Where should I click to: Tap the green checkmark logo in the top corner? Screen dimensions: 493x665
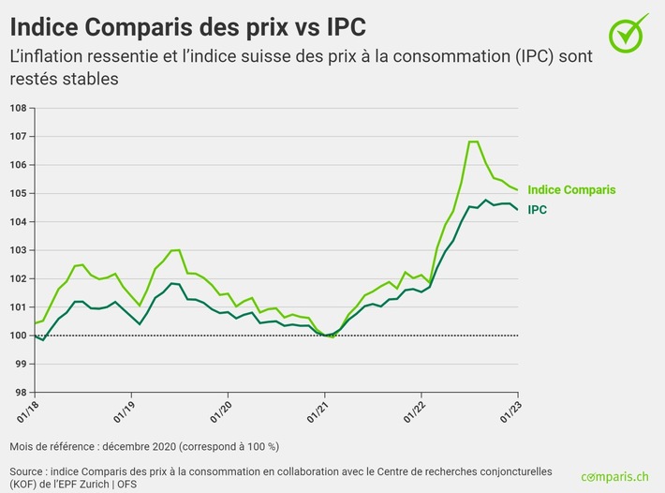pos(628,33)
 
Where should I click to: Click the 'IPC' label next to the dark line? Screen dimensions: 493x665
pos(538,210)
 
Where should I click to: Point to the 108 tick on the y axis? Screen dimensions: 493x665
pos(17,108)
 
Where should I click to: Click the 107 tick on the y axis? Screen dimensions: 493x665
pos(17,136)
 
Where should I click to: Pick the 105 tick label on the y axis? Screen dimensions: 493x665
pos(17,193)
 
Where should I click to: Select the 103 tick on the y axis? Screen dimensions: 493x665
pos(17,250)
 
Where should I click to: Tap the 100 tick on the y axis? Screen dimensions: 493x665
pos(17,336)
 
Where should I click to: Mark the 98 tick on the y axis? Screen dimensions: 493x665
pos(17,393)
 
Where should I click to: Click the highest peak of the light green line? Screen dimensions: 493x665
pos(473,142)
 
